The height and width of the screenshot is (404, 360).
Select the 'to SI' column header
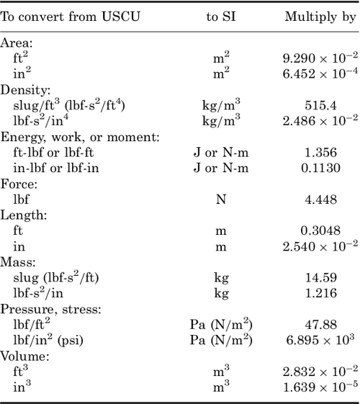click(221, 17)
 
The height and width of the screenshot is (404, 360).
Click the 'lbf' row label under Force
click(22, 199)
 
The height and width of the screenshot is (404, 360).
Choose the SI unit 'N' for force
click(221, 199)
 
